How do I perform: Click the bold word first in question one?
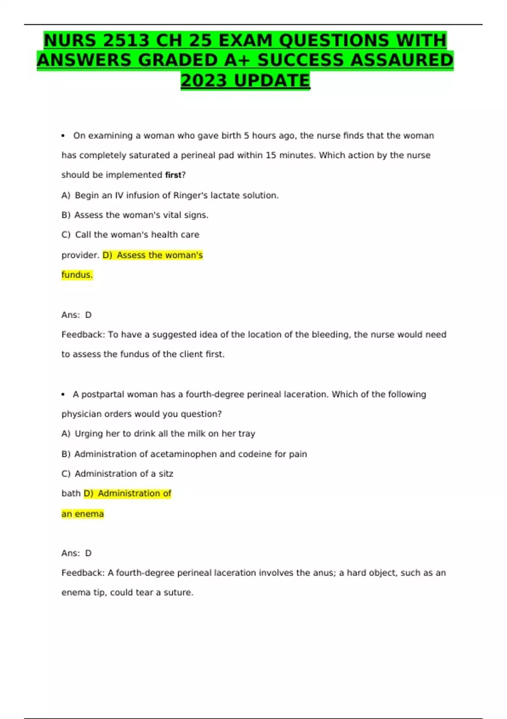pyautogui.click(x=173, y=175)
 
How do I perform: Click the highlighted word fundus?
pyautogui.click(x=76, y=275)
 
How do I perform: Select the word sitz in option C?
pyautogui.click(x=166, y=474)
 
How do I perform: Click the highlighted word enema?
pyautogui.click(x=89, y=514)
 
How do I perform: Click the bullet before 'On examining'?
pyautogui.click(x=63, y=136)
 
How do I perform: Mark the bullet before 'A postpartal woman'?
pyautogui.click(x=63, y=395)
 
